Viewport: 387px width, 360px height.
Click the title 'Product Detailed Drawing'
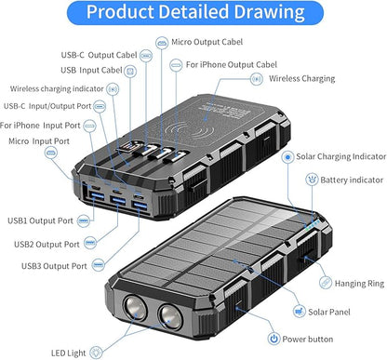point(195,12)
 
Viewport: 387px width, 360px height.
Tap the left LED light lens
point(135,308)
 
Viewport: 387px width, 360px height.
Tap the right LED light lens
point(170,317)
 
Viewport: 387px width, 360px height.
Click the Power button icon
point(274,339)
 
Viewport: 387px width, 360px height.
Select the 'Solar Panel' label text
point(329,312)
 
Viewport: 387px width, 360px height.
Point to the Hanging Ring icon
point(326,283)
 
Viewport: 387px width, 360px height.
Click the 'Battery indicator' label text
point(352,180)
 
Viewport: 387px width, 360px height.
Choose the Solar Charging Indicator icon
point(287,157)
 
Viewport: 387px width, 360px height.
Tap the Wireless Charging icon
point(257,79)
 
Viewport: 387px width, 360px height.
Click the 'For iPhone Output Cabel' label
point(232,65)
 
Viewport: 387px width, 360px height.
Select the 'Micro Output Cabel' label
point(207,42)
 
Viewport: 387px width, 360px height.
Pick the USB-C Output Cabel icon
point(146,56)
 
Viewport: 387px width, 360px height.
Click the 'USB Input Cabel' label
point(91,70)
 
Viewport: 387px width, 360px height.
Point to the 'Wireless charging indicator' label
point(57,88)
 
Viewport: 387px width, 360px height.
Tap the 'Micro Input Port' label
point(39,141)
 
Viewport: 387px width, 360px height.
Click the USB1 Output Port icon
point(83,220)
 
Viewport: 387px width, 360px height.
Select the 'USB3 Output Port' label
point(54,266)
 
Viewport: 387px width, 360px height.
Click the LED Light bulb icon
point(96,353)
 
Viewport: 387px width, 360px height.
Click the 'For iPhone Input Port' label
point(40,126)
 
